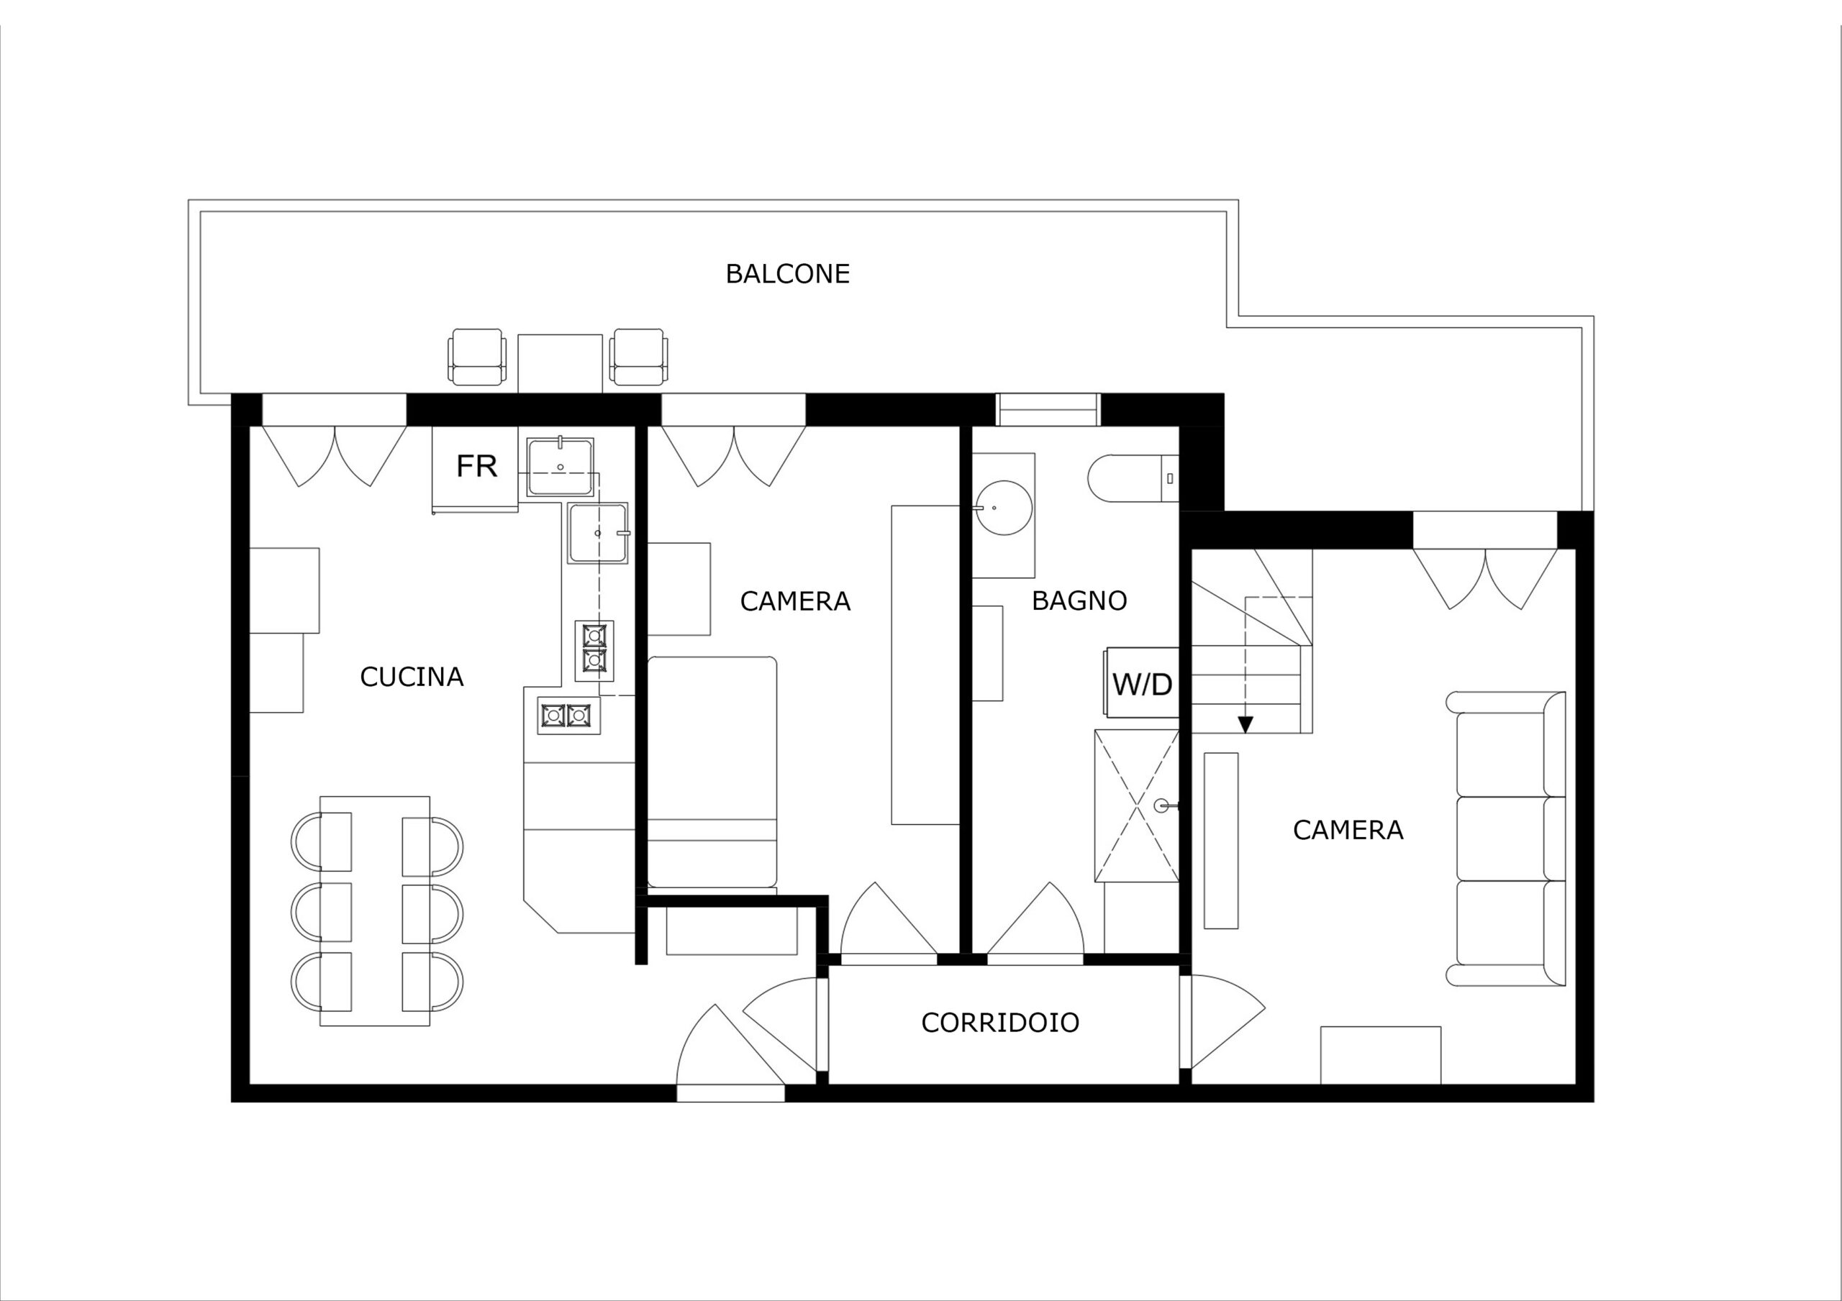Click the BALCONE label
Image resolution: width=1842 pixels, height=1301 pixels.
[787, 274]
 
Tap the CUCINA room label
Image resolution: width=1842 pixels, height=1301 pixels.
[412, 677]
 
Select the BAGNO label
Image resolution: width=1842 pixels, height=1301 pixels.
[1079, 601]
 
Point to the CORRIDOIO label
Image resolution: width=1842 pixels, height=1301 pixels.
[999, 1023]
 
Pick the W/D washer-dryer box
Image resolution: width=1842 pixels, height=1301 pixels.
[1143, 683]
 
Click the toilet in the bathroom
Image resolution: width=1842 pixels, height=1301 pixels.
[1133, 479]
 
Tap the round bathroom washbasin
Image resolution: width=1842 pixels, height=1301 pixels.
[1004, 508]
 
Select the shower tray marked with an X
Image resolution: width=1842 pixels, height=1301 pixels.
[1137, 806]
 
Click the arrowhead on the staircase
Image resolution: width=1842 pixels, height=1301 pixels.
[1245, 724]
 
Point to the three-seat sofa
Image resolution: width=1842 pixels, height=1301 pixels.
[1506, 839]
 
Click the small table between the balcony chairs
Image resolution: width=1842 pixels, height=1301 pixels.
[560, 363]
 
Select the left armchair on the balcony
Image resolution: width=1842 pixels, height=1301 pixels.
[477, 357]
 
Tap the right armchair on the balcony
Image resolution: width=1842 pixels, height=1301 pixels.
[639, 357]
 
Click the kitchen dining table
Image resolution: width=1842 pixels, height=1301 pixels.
[375, 911]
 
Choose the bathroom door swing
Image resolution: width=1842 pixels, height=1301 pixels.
[1035, 920]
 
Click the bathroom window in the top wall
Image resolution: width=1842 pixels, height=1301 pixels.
[1048, 409]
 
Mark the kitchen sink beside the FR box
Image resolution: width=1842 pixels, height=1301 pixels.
[561, 466]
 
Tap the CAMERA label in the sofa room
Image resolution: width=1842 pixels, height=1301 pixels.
[1348, 830]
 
